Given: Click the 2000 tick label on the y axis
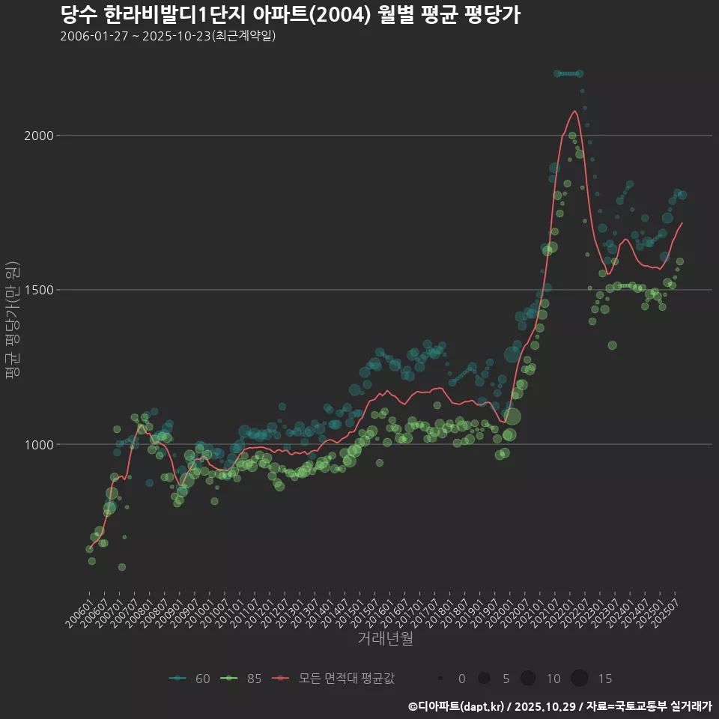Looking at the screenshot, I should point(39,136).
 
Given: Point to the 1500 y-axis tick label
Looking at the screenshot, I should point(39,290).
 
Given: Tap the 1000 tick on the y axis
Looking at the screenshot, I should point(39,444).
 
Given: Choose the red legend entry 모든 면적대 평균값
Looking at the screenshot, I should point(334,679).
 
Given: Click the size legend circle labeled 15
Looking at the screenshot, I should point(580,679).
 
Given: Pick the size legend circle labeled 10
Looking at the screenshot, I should point(528,679).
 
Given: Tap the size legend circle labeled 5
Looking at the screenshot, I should point(484,679).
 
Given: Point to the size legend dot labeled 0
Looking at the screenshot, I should point(441,679).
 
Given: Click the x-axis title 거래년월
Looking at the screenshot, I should point(385,638).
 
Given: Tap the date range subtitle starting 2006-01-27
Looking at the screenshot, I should point(169,35).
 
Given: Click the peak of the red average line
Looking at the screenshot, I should point(574,111).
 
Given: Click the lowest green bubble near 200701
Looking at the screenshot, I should point(122,567).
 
